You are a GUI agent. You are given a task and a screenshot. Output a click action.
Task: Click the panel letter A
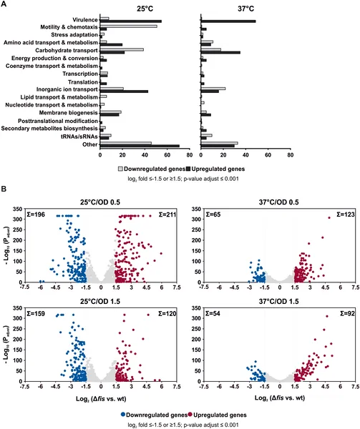click(x=5, y=4)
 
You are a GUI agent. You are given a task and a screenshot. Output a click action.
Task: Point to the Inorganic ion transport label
click(x=69, y=89)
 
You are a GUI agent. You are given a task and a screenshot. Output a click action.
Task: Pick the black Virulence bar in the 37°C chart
click(x=228, y=21)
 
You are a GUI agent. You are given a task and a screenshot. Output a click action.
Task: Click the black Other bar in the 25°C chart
click(x=140, y=146)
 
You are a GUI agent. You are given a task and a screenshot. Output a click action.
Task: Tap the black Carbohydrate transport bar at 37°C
click(x=220, y=53)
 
